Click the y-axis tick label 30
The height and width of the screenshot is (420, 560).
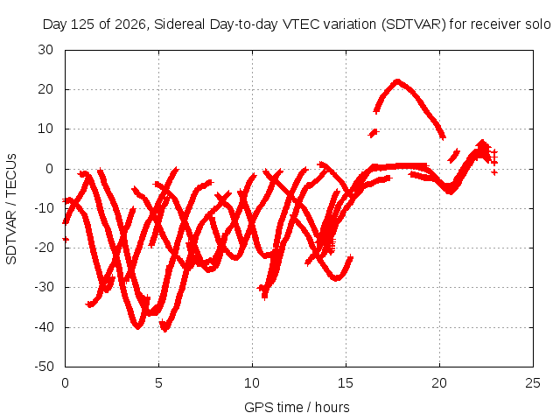[x=45, y=50]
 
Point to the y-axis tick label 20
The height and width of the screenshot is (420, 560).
[x=45, y=89]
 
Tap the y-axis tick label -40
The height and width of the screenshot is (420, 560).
[x=44, y=326]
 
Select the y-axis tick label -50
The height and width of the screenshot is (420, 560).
[x=44, y=367]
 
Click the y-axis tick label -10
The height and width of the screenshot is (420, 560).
[x=44, y=208]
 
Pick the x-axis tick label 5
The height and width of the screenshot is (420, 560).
[x=158, y=383]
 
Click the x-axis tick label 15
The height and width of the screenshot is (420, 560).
[x=346, y=383]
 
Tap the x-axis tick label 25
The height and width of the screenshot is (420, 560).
[x=533, y=383]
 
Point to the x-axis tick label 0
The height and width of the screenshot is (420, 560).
[x=65, y=383]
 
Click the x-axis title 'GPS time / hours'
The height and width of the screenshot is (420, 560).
[x=297, y=407]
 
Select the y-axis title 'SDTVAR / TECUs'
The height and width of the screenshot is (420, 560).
[x=11, y=209]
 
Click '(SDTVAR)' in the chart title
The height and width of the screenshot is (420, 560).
[x=414, y=24]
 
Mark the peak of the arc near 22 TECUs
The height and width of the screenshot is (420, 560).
[x=397, y=81]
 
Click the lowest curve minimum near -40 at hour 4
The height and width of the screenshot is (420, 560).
[x=138, y=326]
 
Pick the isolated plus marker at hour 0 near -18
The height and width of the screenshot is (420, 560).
[x=66, y=239]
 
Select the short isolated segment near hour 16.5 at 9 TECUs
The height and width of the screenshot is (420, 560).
[x=374, y=133]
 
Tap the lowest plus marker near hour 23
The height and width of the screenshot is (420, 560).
[x=494, y=172]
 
